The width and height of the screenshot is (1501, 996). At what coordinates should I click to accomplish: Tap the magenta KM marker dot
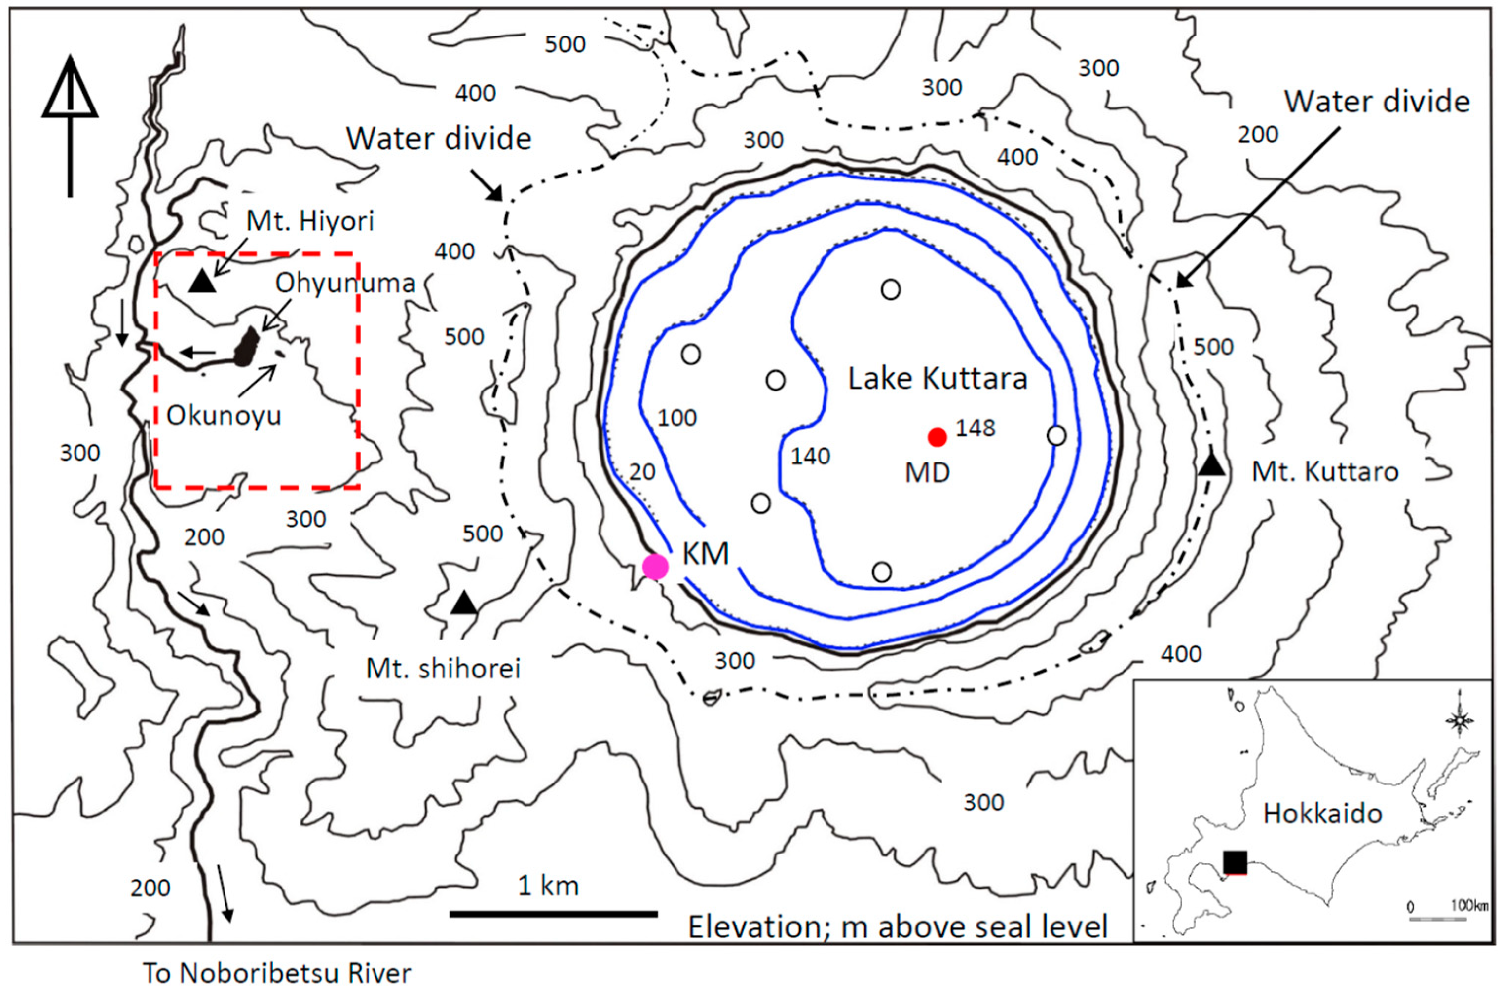point(655,566)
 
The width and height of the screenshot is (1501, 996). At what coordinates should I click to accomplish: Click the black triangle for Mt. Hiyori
point(202,282)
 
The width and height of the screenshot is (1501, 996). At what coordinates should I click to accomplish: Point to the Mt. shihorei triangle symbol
point(464,604)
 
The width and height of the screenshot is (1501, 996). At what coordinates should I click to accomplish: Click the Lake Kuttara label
point(938,379)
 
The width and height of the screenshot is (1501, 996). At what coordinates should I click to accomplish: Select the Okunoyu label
point(224,416)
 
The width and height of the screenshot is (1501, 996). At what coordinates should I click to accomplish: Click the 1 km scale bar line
point(553,914)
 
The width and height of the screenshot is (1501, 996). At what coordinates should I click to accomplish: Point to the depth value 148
point(976,429)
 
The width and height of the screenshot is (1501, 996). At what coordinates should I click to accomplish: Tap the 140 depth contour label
point(810,456)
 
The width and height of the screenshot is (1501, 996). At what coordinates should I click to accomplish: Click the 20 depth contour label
point(642,472)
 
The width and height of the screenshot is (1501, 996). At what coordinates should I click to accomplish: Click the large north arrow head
point(70,89)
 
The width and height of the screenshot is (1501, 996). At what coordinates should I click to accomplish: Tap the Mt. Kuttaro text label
point(1325,472)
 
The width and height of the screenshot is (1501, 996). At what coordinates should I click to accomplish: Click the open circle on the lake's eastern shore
point(1056,436)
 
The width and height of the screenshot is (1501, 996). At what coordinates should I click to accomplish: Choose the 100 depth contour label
point(677,418)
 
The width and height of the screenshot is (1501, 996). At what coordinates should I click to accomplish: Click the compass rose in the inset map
point(1459,720)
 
